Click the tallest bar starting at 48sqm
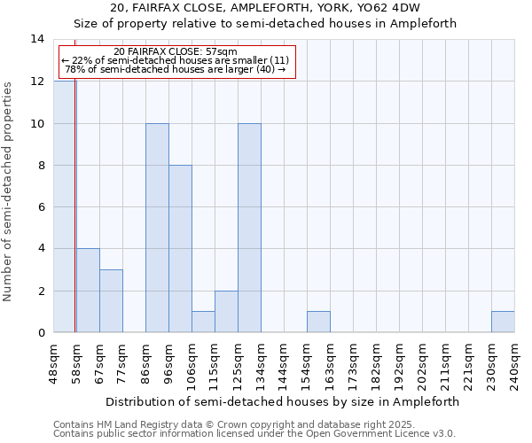point(64,206)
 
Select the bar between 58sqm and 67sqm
point(88,291)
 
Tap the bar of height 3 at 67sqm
point(111,301)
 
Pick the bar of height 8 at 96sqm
point(180,249)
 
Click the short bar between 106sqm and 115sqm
point(203,323)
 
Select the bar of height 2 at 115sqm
point(226,312)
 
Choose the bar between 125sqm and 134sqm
point(249,228)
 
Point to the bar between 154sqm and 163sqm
point(318,323)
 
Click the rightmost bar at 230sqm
point(503,323)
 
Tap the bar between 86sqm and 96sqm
point(157,228)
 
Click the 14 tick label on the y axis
point(37,39)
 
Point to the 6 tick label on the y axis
point(41,206)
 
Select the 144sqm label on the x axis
point(284,362)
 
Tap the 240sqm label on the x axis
point(514,362)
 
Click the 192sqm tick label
point(399,362)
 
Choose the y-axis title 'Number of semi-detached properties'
point(9,191)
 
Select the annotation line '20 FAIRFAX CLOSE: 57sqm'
point(176,52)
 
